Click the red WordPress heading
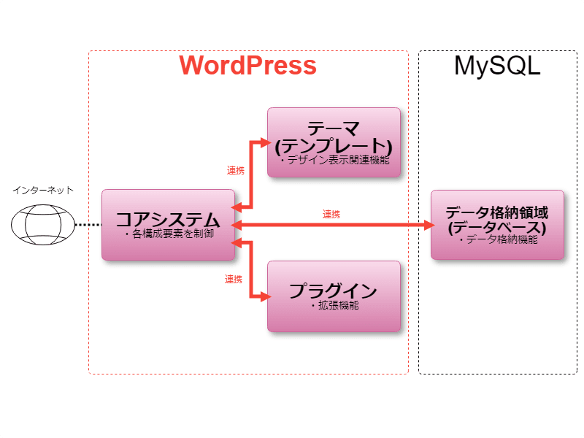point(248,65)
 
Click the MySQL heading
point(497,66)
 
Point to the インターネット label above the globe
point(42,191)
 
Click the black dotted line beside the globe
point(88,225)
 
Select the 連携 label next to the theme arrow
point(235,170)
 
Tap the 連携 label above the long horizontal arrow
point(331,215)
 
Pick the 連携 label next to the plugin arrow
point(234,279)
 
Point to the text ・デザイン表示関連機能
point(334,158)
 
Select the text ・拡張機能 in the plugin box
point(334,306)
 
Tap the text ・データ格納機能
point(496,239)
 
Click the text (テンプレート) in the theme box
point(334,143)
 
